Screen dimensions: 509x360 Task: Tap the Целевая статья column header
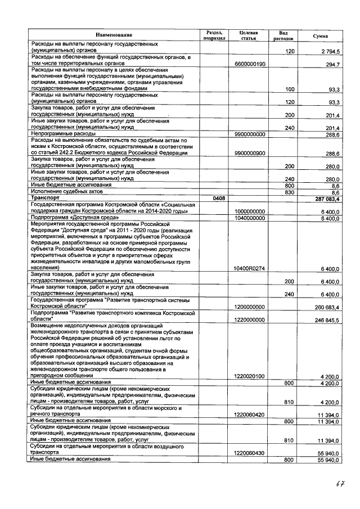[x=248, y=35]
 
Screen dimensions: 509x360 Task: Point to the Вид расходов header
[x=283, y=35]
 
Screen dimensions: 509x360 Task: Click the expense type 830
[x=290, y=192]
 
